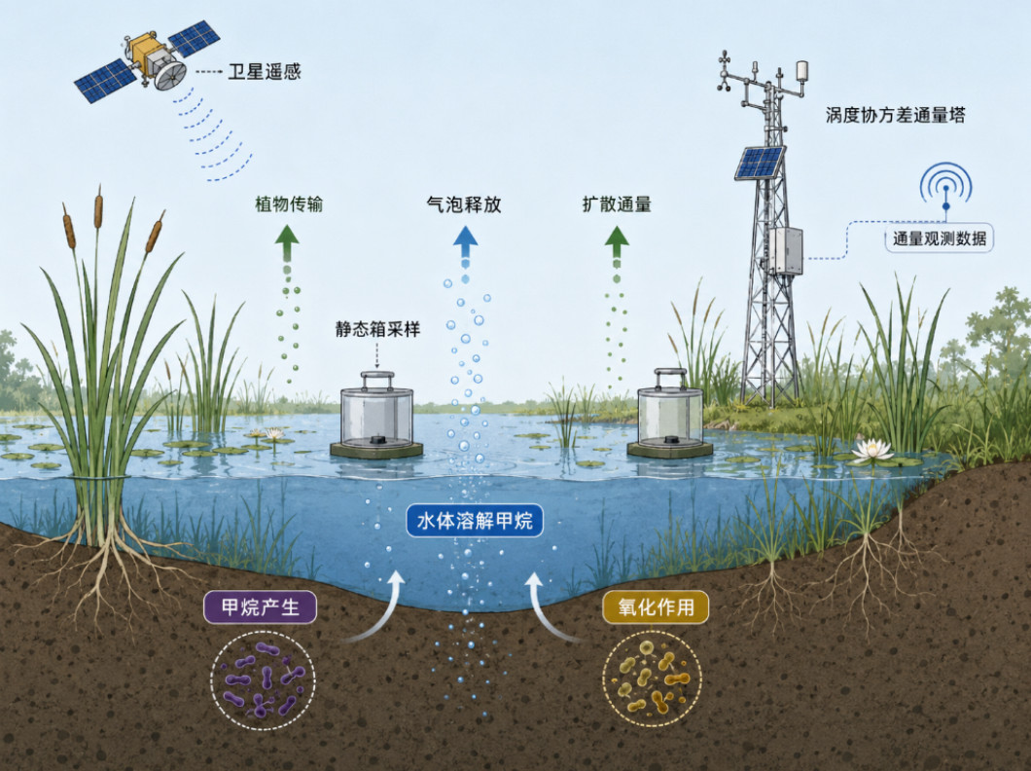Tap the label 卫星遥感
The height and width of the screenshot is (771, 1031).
pyautogui.click(x=265, y=71)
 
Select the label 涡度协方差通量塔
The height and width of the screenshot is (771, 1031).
pyautogui.click(x=896, y=115)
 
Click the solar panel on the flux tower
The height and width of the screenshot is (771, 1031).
pyautogui.click(x=760, y=162)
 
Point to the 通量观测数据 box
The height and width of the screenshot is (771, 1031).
pyautogui.click(x=939, y=239)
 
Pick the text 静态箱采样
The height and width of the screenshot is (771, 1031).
pyautogui.click(x=377, y=329)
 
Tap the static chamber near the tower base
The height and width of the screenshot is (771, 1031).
pyautogui.click(x=670, y=413)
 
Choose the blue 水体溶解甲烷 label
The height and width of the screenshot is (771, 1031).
pyautogui.click(x=475, y=521)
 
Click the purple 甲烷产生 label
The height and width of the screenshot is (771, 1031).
pyautogui.click(x=260, y=607)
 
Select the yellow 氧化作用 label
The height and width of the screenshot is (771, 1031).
pyautogui.click(x=656, y=606)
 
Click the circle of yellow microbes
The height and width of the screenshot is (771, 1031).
pyautogui.click(x=653, y=679)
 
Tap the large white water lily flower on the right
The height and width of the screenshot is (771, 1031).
pyautogui.click(x=871, y=450)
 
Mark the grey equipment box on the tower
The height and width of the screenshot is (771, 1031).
pyautogui.click(x=787, y=250)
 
